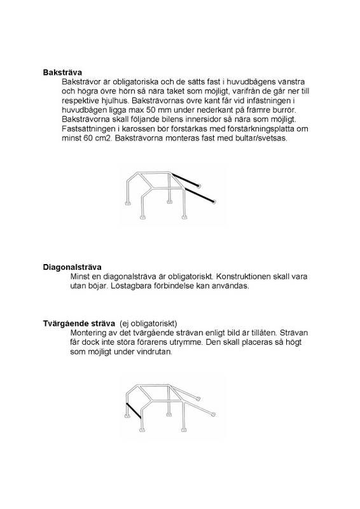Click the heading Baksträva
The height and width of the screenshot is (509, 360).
pos(62,73)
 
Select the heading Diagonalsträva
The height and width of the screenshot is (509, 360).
pos(72,267)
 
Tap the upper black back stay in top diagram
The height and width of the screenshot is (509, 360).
pos(184,179)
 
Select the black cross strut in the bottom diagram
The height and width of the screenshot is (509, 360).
pos(133,410)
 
